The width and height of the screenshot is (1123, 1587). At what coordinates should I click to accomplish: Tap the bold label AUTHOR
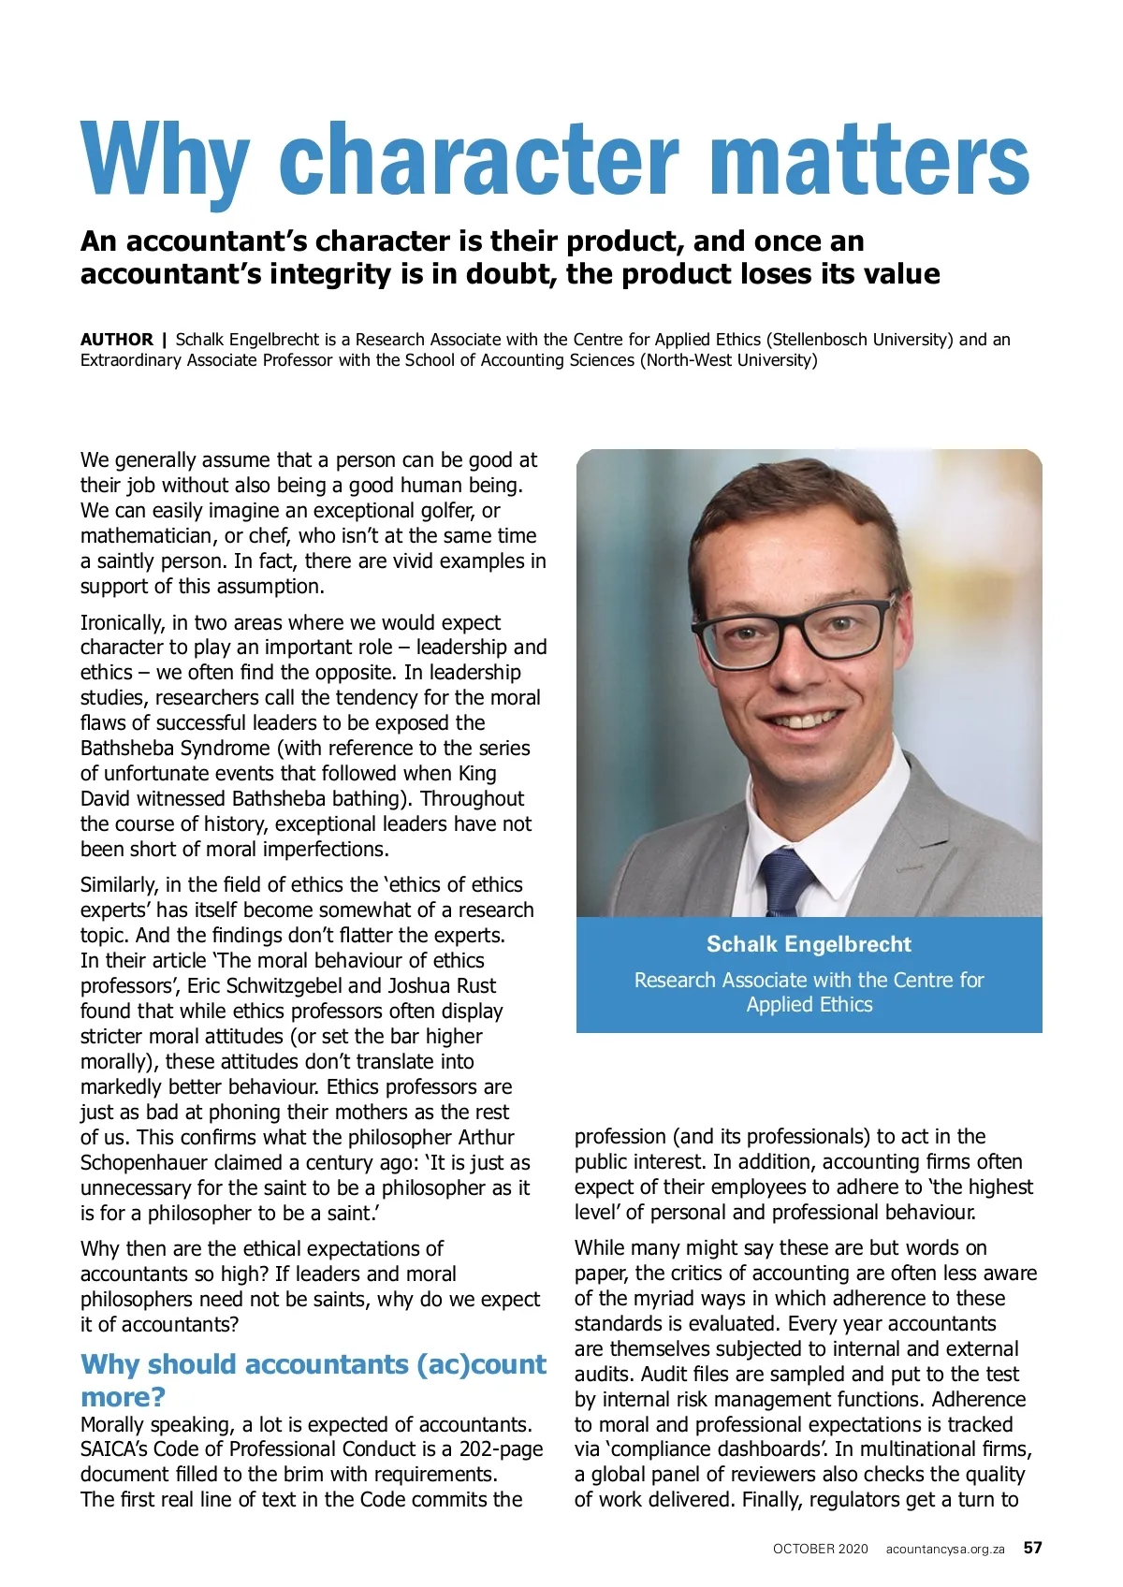coord(116,340)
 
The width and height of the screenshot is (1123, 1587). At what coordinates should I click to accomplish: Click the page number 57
coord(1032,1548)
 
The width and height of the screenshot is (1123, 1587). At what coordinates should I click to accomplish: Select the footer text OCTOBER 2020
coord(820,1549)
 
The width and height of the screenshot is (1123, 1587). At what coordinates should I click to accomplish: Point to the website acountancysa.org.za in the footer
coord(945,1549)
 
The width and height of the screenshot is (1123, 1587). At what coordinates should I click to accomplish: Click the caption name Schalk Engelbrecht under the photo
coord(809,944)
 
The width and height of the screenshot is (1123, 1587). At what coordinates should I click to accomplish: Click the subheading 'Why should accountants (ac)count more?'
coord(313,1379)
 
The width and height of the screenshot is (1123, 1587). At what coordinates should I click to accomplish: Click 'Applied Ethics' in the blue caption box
coord(809,1005)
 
